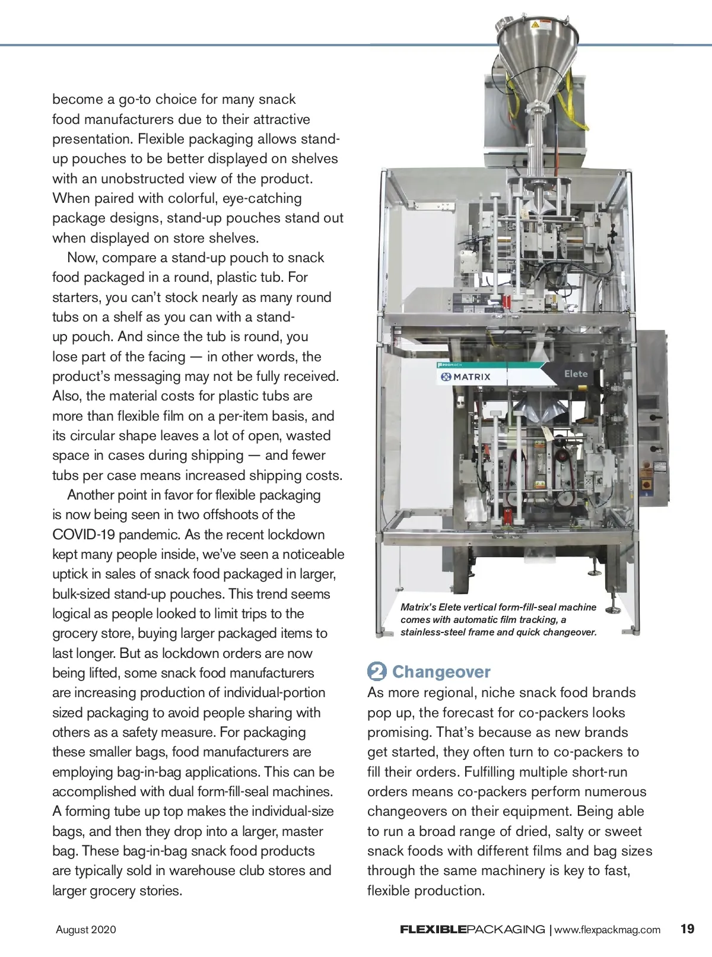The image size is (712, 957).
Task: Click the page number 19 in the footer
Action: tap(687, 929)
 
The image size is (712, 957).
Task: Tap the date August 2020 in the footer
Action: tap(86, 930)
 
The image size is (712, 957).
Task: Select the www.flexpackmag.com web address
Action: tap(607, 930)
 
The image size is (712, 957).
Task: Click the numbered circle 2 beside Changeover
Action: tap(377, 672)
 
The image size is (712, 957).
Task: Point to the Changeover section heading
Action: tap(441, 672)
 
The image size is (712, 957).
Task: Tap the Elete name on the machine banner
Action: tap(576, 374)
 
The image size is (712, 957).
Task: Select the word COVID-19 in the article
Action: tap(83, 535)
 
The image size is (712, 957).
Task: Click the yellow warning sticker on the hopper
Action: tap(535, 26)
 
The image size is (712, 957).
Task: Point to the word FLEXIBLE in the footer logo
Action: tap(433, 930)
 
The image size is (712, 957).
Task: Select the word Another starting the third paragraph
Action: tap(91, 495)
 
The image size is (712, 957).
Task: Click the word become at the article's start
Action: tap(77, 100)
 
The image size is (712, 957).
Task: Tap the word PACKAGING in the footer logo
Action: tap(506, 930)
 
